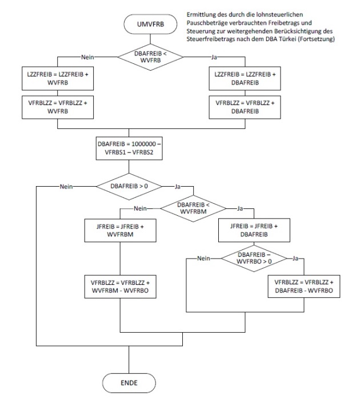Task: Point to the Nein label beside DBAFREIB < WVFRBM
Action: [141, 209]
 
